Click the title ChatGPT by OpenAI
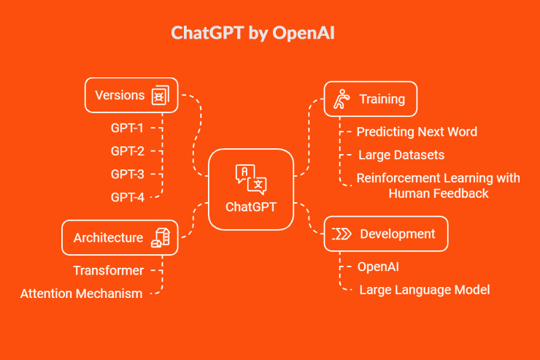click(253, 34)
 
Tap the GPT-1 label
click(127, 129)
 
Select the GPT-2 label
click(127, 151)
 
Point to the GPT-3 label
click(127, 174)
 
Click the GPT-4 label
click(127, 196)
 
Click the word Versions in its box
click(120, 95)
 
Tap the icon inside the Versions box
click(159, 96)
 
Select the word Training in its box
click(382, 99)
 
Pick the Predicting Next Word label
click(417, 132)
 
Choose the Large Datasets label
click(401, 155)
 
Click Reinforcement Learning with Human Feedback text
click(438, 185)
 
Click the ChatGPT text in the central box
click(250, 207)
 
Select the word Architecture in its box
click(108, 237)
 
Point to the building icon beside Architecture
click(160, 237)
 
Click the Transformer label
click(108, 271)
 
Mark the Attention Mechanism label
click(81, 294)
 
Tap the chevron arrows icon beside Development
click(342, 234)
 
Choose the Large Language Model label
click(424, 290)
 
